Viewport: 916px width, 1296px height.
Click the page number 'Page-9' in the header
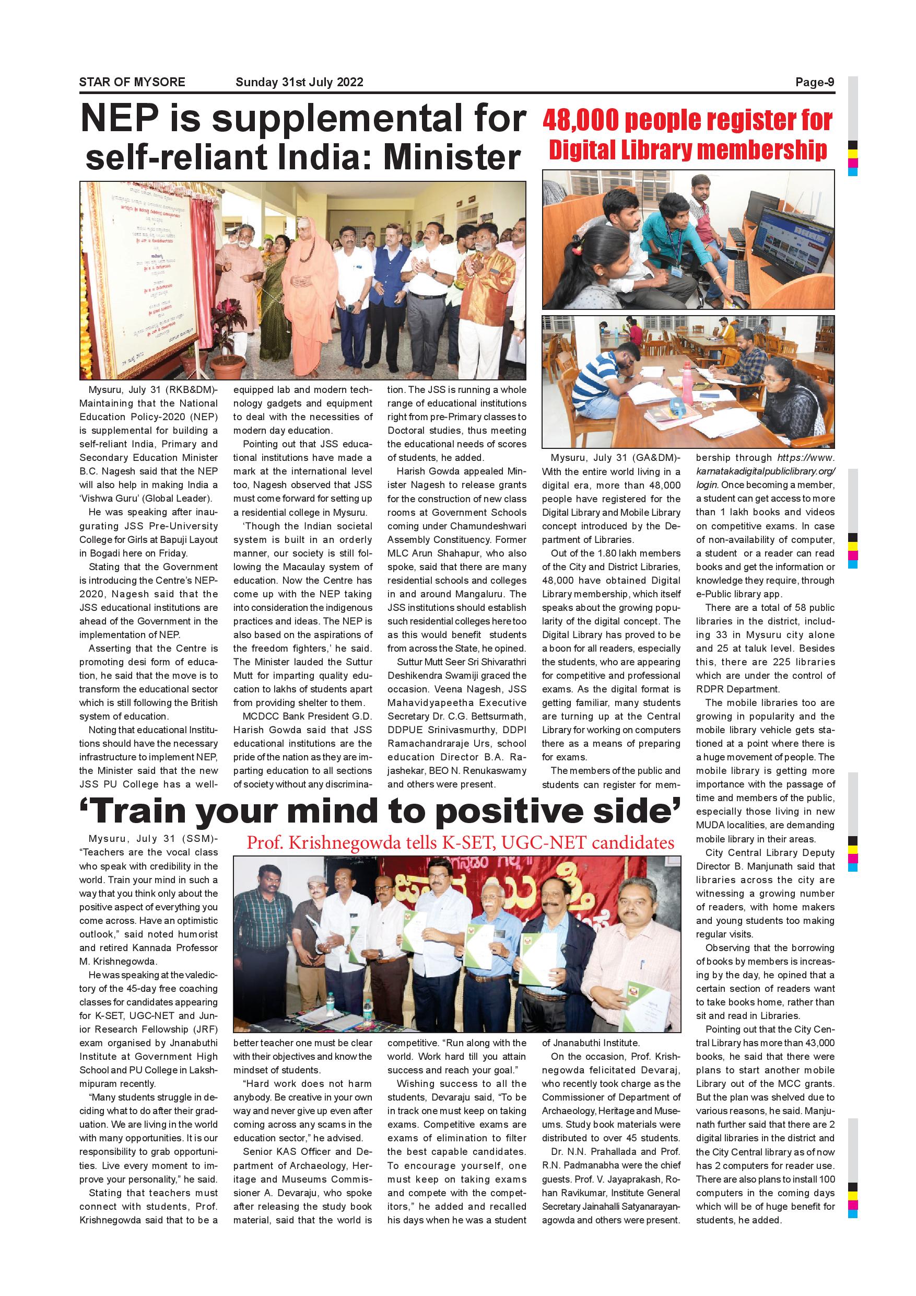[x=815, y=82]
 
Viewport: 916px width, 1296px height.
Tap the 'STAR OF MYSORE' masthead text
[x=132, y=82]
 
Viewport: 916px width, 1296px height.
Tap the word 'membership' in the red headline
[x=761, y=150]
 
